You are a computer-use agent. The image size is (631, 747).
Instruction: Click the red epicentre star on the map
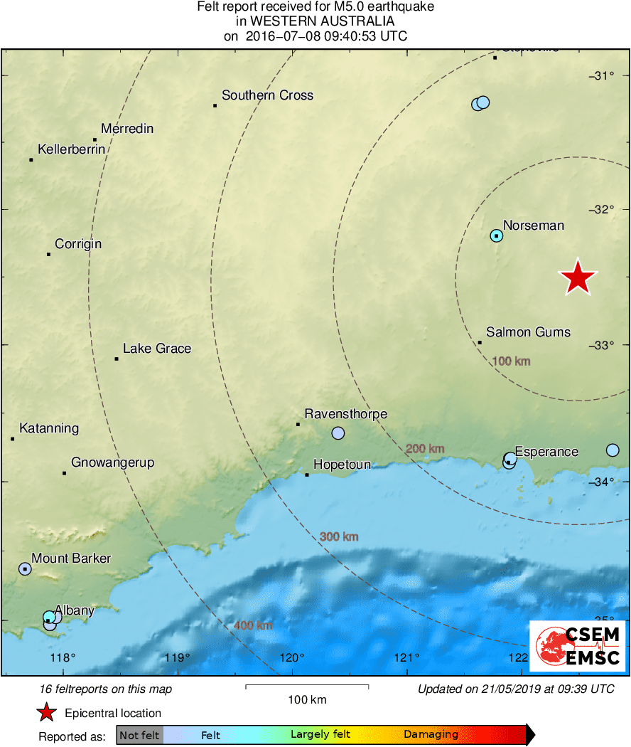coord(578,277)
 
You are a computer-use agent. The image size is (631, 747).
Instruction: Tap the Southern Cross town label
coord(267,95)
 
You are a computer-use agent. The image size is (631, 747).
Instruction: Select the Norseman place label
coord(533,226)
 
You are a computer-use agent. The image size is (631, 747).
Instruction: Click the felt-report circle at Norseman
coord(497,235)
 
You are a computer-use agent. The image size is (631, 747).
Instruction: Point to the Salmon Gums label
coord(528,332)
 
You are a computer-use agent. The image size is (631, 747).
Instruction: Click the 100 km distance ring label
coord(511,361)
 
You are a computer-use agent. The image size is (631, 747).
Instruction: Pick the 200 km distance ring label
coord(425,448)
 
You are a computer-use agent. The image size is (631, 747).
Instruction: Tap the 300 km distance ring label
coord(339,536)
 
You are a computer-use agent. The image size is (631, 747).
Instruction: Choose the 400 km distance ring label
coord(253,625)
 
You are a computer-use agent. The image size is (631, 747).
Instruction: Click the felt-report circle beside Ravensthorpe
coord(338,433)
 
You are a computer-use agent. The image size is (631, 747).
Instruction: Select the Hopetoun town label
coord(342,465)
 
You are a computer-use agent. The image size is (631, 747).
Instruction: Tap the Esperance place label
coord(546,452)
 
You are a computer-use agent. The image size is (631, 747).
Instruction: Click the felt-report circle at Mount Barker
coord(26,569)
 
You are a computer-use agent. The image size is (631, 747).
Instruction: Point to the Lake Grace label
coord(157,349)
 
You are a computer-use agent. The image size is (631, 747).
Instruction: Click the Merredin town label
coord(127,129)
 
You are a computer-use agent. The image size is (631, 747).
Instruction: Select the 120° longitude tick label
coord(292,657)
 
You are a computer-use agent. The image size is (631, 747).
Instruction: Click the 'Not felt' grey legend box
coord(140,735)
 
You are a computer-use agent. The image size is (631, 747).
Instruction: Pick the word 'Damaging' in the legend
coord(431,735)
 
